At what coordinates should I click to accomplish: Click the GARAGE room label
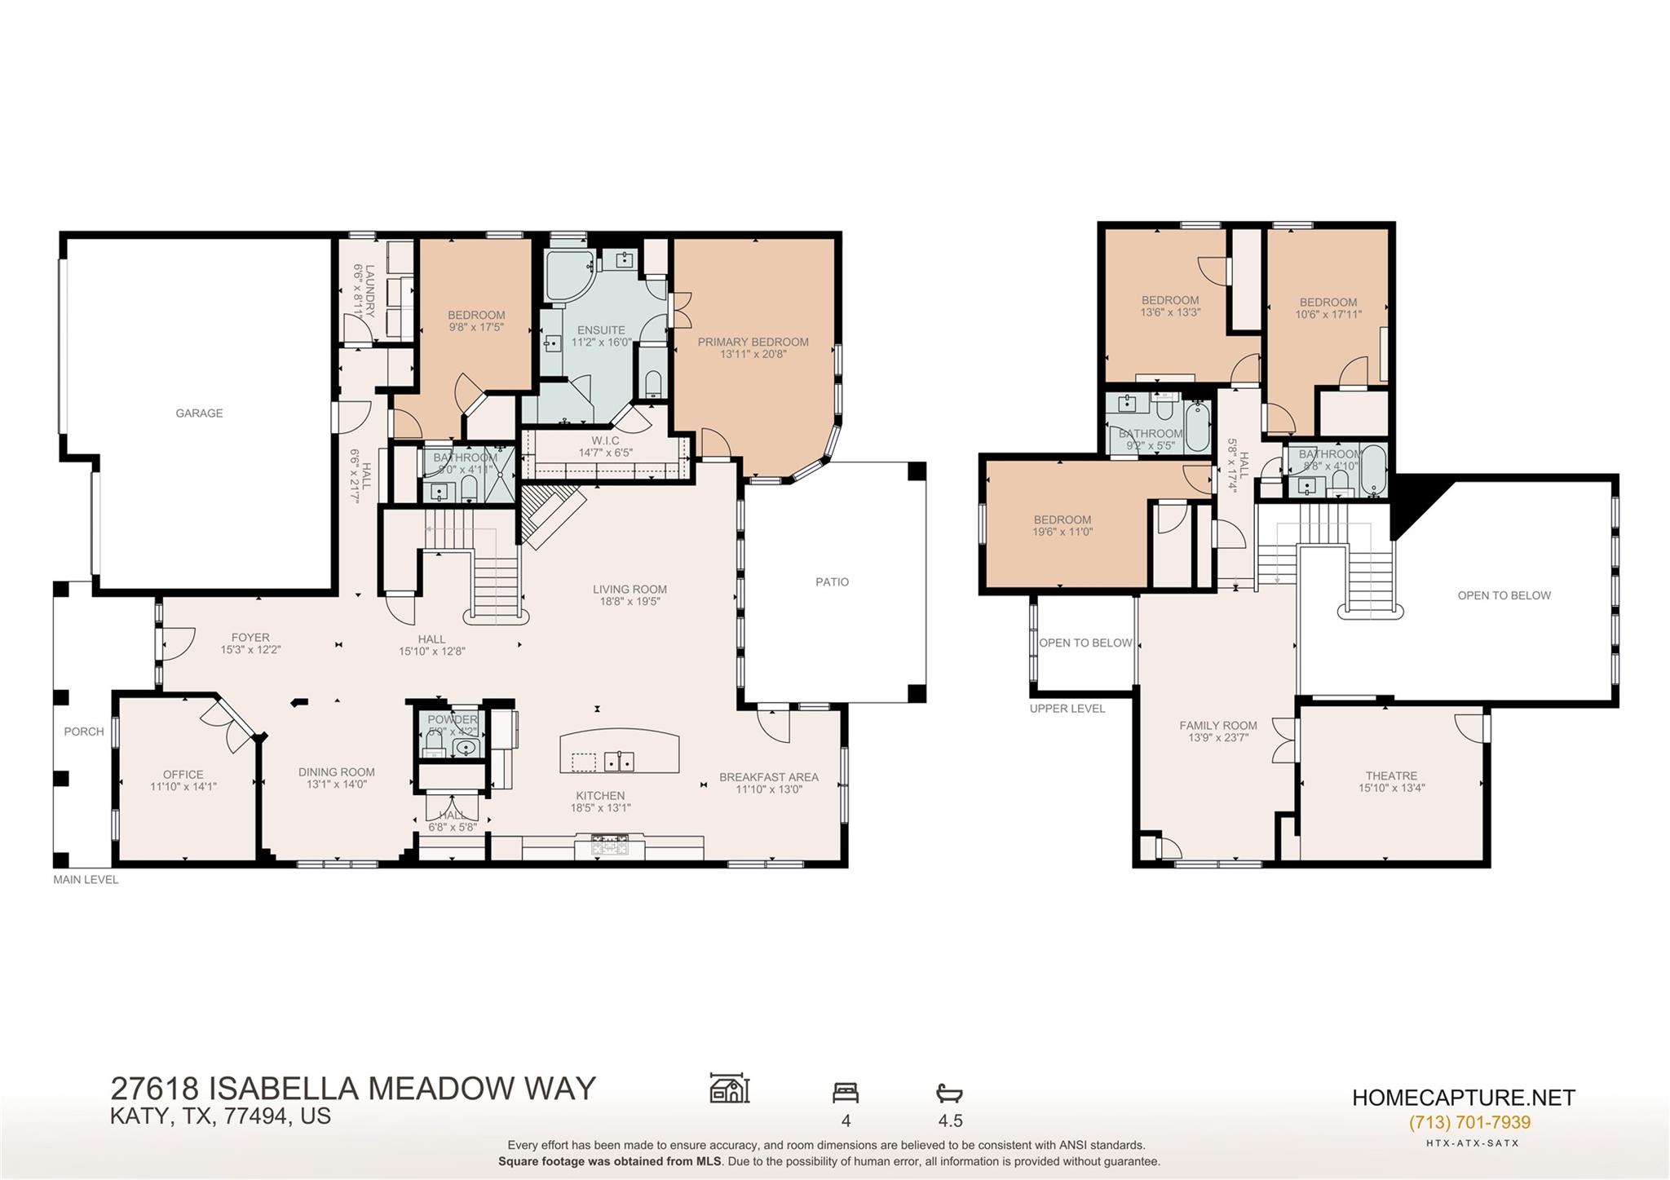point(199,413)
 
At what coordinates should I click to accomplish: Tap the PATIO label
point(832,582)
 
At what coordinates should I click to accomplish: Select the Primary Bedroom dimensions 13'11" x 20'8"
point(753,355)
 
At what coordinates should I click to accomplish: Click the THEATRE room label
point(1391,776)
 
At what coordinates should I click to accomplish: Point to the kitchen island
point(619,752)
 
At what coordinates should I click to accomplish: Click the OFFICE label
point(183,775)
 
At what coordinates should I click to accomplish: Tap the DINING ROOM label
point(336,772)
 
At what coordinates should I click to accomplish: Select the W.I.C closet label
point(605,441)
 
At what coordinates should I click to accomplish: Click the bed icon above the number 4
point(845,1093)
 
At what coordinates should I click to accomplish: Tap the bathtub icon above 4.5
point(949,1093)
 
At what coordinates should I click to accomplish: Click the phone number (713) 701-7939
point(1469,1123)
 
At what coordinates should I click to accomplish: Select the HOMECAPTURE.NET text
point(1463,1098)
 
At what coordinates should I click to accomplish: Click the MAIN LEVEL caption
point(86,880)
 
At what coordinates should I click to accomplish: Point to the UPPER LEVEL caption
point(1067,709)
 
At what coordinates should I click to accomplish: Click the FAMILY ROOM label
point(1217,726)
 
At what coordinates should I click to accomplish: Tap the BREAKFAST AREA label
point(768,777)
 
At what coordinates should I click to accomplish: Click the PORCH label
point(84,731)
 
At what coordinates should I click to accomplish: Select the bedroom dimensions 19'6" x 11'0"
point(1062,533)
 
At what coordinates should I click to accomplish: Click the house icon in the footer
point(729,1089)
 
